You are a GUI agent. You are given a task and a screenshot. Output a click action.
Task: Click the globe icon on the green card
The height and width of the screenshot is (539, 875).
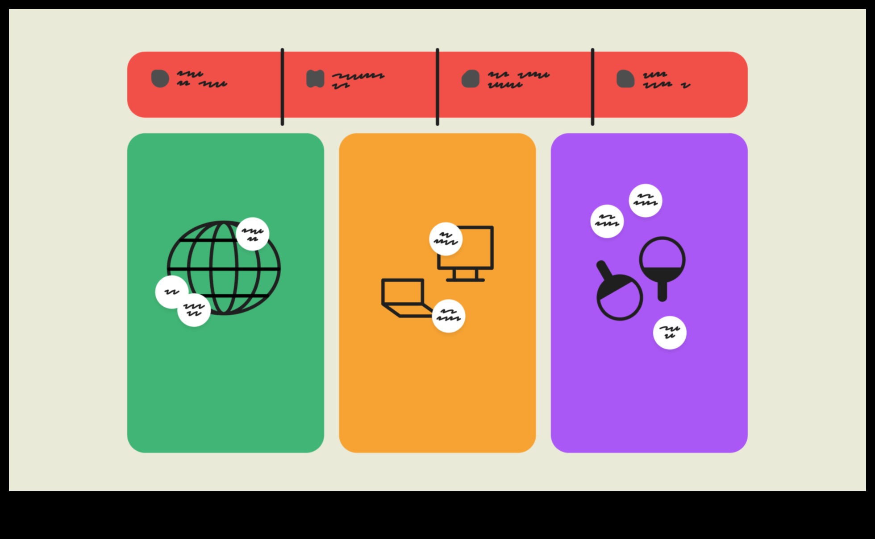(224, 268)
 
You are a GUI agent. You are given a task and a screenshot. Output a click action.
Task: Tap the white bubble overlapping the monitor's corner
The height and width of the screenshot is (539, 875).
(446, 239)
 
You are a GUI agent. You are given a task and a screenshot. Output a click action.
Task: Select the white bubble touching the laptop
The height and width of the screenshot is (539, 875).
(449, 316)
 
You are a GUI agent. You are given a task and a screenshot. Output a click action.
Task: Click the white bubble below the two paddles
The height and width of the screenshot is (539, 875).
(670, 333)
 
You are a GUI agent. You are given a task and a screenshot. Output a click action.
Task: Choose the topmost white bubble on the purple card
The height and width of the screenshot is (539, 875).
(645, 201)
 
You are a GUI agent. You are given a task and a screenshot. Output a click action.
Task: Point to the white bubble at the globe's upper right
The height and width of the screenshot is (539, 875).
(252, 234)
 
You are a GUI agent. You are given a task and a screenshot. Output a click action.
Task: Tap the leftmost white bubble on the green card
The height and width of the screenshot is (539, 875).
(171, 292)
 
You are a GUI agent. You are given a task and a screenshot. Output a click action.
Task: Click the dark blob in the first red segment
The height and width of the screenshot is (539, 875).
(160, 79)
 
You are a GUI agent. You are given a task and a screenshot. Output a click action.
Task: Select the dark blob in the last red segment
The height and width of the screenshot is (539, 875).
(625, 79)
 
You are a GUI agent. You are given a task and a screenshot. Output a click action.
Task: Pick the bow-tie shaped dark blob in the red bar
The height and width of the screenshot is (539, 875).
(315, 79)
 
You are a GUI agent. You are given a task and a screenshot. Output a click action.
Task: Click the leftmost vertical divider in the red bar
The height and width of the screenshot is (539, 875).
(282, 87)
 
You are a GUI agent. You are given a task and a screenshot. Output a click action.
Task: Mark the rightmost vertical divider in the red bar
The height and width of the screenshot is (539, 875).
(592, 87)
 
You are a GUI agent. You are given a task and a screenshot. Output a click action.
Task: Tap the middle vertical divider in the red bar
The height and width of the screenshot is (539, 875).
(437, 87)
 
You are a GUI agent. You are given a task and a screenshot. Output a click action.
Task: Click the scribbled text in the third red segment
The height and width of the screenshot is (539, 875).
(518, 79)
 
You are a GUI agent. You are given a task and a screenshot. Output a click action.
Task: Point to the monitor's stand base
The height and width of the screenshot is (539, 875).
(465, 280)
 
